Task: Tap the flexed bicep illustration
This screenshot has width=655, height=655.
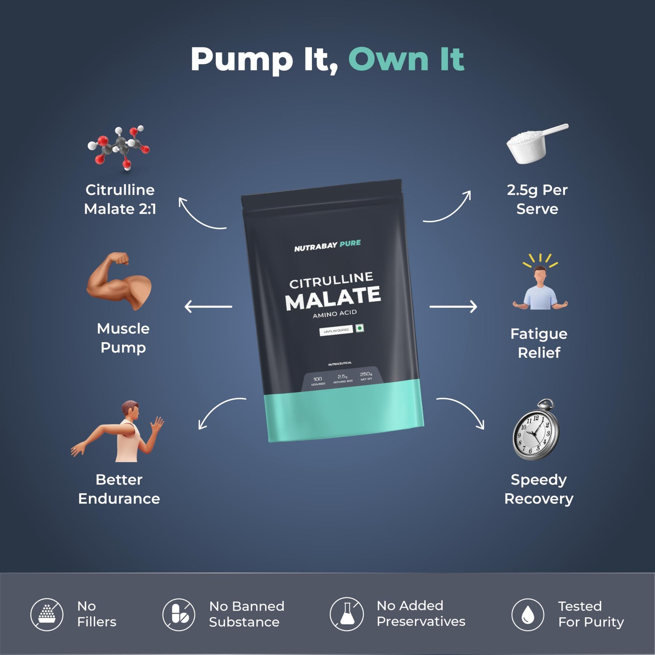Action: click(x=119, y=281)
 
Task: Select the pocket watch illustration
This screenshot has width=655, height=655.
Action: click(x=536, y=429)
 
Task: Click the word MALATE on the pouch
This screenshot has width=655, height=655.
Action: click(x=333, y=298)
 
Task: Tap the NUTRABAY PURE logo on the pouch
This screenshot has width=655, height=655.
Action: click(x=327, y=246)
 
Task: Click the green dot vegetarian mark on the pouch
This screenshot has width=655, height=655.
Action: click(x=360, y=328)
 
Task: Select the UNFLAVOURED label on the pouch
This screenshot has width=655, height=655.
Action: click(x=336, y=331)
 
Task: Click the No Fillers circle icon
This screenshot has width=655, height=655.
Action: click(x=47, y=615)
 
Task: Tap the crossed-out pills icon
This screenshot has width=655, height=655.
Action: click(x=179, y=615)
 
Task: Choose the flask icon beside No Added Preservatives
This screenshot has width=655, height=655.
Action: click(x=347, y=614)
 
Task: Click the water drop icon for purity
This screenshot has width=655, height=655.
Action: click(x=528, y=615)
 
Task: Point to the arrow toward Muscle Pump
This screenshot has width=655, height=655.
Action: click(x=208, y=307)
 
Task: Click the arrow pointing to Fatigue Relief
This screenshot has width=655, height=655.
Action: click(x=453, y=307)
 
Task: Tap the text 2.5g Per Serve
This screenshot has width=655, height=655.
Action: click(x=537, y=199)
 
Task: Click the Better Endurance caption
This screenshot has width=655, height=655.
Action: click(x=119, y=489)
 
